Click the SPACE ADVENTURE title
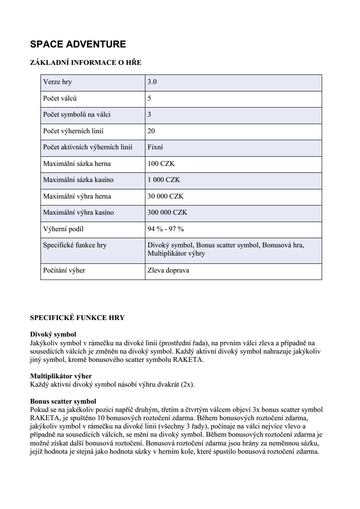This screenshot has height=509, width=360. tap(78, 44)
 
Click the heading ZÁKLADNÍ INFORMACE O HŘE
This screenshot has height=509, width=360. tap(86, 63)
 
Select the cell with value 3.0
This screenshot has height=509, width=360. tap(152, 82)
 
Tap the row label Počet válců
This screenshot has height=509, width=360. tap(60, 98)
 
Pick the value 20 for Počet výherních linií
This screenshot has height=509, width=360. tap(151, 131)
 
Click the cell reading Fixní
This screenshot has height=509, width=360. tap(155, 148)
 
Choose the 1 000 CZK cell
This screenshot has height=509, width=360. tap(164, 180)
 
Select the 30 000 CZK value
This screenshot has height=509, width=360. tap(165, 196)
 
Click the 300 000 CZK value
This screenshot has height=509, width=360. tap(167, 212)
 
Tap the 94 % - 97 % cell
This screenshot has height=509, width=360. tap(165, 229)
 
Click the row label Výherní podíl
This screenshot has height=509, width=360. tap(63, 229)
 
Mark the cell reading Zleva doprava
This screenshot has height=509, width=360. tap(168, 270)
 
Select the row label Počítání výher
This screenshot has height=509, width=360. tap(64, 270)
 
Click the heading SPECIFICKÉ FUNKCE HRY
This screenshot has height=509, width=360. tap(77, 318)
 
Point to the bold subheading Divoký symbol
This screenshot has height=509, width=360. tap(53, 334)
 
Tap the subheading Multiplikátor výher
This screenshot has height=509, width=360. tap(61, 376)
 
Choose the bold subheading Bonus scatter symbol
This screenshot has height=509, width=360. tap(63, 401)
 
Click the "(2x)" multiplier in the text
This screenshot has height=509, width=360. tap(188, 384)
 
